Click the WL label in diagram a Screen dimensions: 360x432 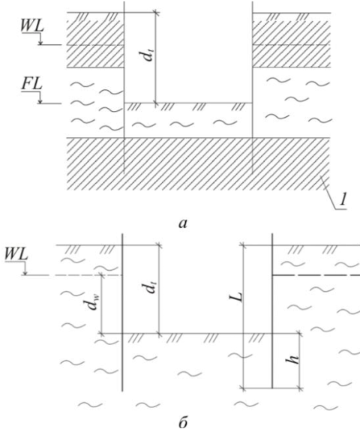pos(32,26)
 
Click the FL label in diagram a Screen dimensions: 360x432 pos(31,84)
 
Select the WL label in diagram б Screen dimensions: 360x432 pos(16,255)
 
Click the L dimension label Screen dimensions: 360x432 pos(239,296)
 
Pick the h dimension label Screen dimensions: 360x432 pos(295,358)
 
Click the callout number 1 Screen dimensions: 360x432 pos(342,200)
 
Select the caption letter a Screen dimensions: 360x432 pos(182,224)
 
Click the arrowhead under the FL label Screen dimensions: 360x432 pos(40,102)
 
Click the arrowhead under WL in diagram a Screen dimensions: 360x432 pos(40,43)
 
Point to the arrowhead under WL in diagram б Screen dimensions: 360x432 pos(25,273)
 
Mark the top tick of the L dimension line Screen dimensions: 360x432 pos(243,244)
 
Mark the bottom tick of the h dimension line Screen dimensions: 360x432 pos(300,388)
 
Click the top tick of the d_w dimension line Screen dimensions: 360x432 pos(102,275)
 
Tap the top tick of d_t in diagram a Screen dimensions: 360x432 pos(156,13)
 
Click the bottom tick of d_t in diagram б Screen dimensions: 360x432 pos(159,334)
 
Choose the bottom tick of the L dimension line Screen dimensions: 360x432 pos(243,388)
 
